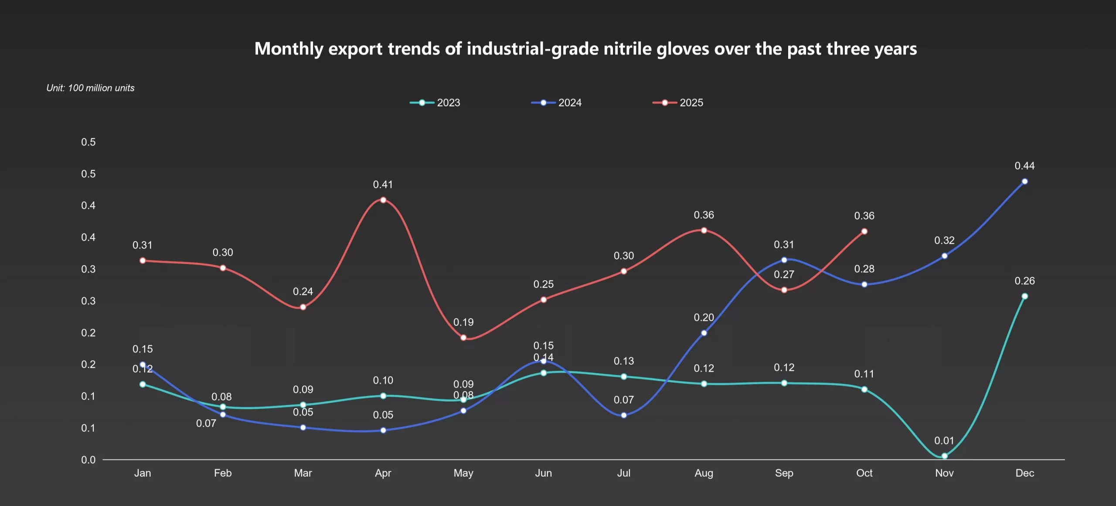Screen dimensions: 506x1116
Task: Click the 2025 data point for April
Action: pyautogui.click(x=383, y=200)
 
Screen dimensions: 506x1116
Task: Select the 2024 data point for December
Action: pyautogui.click(x=1024, y=181)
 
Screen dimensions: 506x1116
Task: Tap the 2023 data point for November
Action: pyautogui.click(x=944, y=456)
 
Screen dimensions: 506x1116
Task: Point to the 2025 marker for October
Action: pyautogui.click(x=864, y=232)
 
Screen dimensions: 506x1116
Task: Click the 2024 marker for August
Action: pyautogui.click(x=704, y=333)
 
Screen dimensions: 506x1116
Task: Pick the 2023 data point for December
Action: pyautogui.click(x=1024, y=296)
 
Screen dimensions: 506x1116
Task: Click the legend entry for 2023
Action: pyautogui.click(x=435, y=103)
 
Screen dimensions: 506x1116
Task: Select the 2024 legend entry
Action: pyautogui.click(x=556, y=103)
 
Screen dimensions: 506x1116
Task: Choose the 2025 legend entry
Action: pyautogui.click(x=678, y=103)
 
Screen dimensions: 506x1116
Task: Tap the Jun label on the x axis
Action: pyautogui.click(x=543, y=473)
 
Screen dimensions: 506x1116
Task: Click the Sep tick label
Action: pyautogui.click(x=784, y=473)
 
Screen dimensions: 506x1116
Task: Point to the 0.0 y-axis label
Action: pyautogui.click(x=88, y=460)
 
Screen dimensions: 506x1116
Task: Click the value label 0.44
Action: pyautogui.click(x=1024, y=166)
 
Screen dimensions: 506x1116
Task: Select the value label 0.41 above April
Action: pyautogui.click(x=383, y=185)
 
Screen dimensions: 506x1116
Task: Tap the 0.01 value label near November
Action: pyautogui.click(x=944, y=441)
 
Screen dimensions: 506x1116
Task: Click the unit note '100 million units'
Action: pyautogui.click(x=101, y=88)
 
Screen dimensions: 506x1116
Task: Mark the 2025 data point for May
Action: pyautogui.click(x=463, y=338)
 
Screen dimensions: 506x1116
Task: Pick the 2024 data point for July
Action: pyautogui.click(x=623, y=415)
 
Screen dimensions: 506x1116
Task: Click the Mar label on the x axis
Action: pyautogui.click(x=303, y=473)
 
